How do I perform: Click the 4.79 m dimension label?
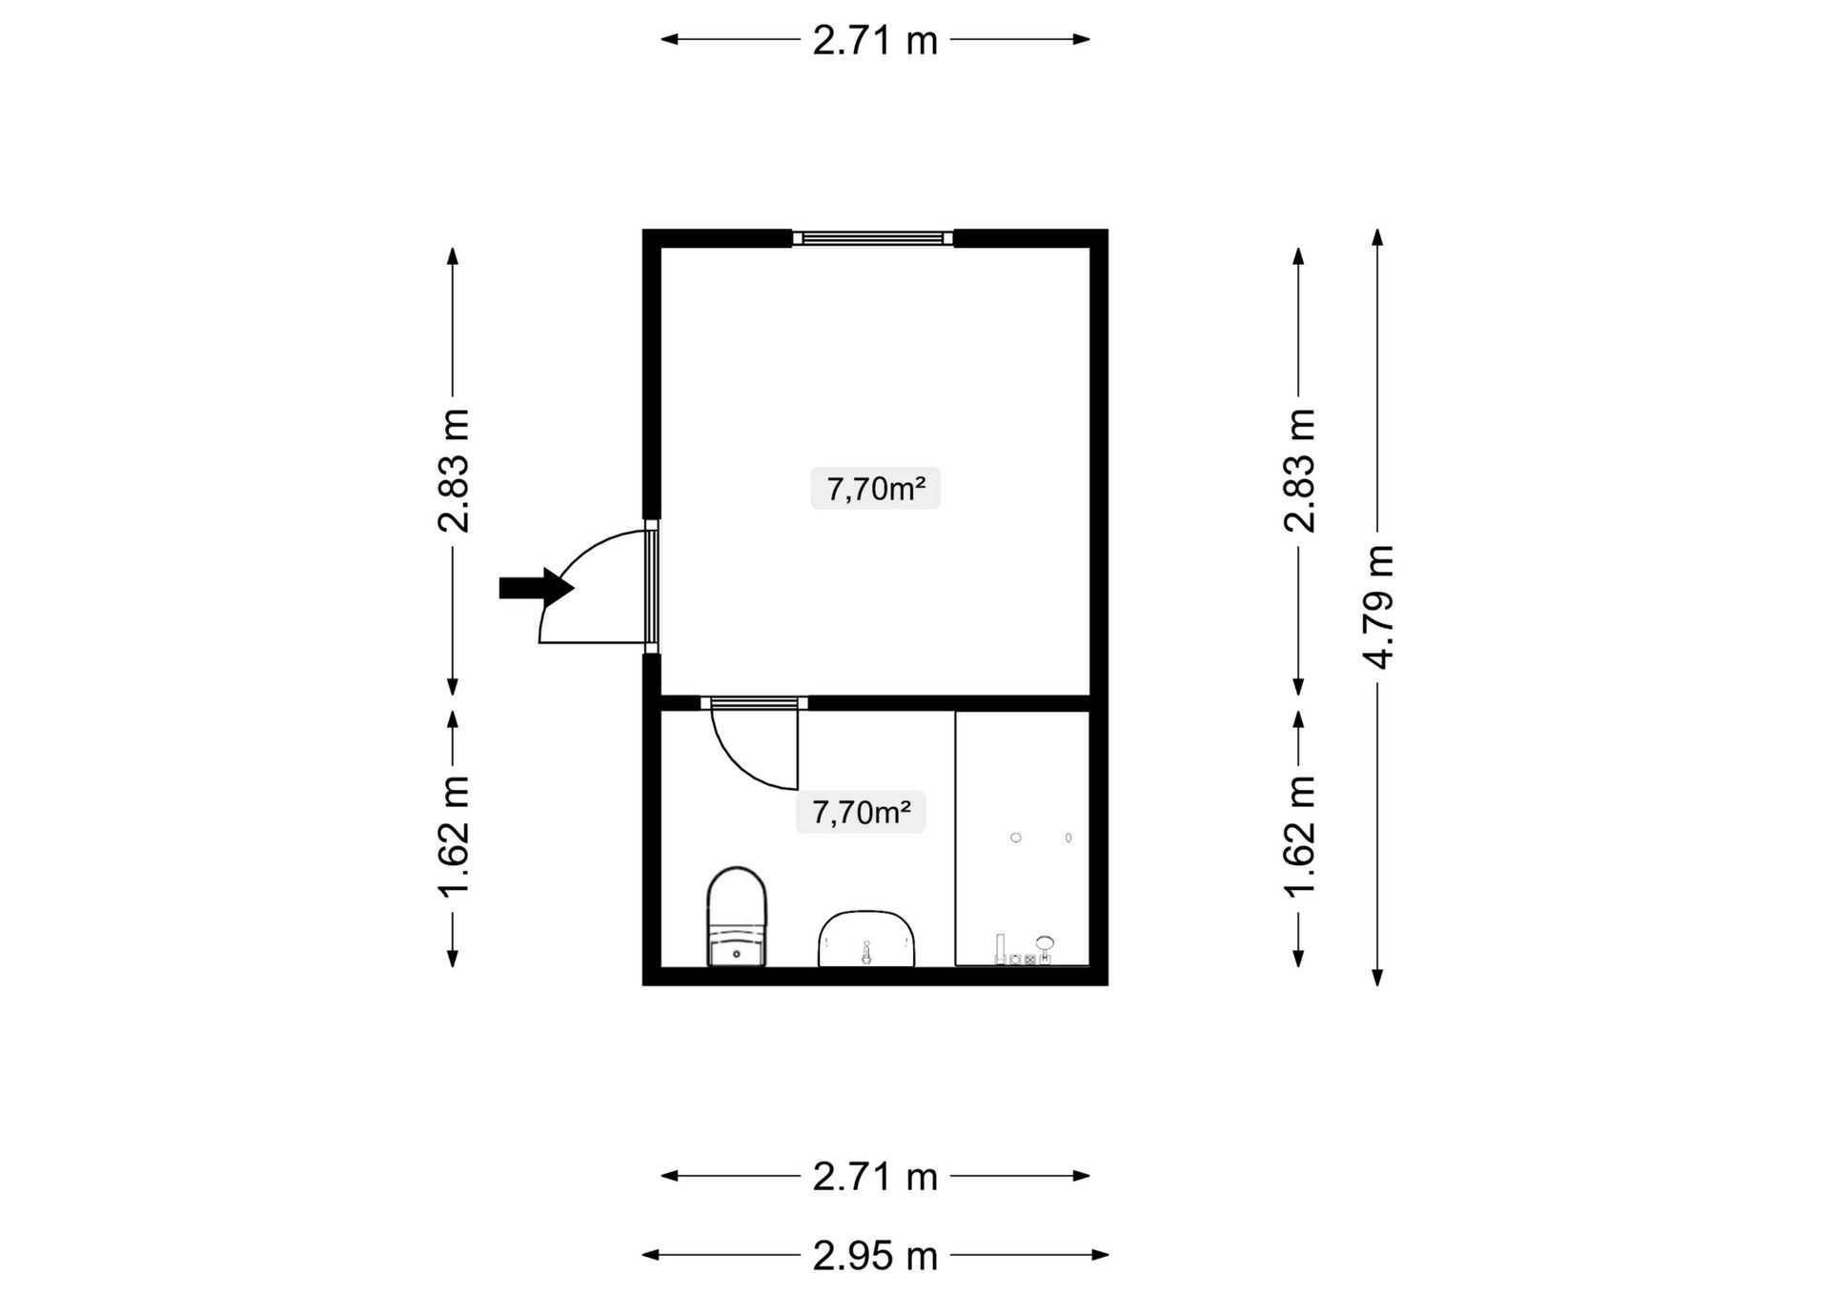click(x=1379, y=607)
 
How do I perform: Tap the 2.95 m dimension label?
click(x=875, y=1256)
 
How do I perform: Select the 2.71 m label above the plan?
click(x=875, y=40)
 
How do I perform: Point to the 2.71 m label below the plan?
click(x=875, y=1177)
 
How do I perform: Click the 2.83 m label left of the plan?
click(x=454, y=470)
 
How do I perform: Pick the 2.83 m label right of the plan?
click(x=1299, y=470)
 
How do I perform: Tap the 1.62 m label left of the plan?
click(x=454, y=836)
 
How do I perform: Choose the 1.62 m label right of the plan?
click(x=1299, y=836)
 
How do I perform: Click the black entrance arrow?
click(x=537, y=588)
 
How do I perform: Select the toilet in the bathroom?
click(x=737, y=916)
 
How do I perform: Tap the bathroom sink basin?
click(x=866, y=939)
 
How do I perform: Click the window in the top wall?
click(x=873, y=238)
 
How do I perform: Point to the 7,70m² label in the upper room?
click(x=875, y=489)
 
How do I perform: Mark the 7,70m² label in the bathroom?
click(x=861, y=813)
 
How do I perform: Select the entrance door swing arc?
click(x=572, y=562)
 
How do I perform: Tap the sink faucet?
click(x=866, y=952)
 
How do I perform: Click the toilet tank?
click(x=737, y=949)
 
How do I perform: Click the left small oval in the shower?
click(x=1016, y=838)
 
